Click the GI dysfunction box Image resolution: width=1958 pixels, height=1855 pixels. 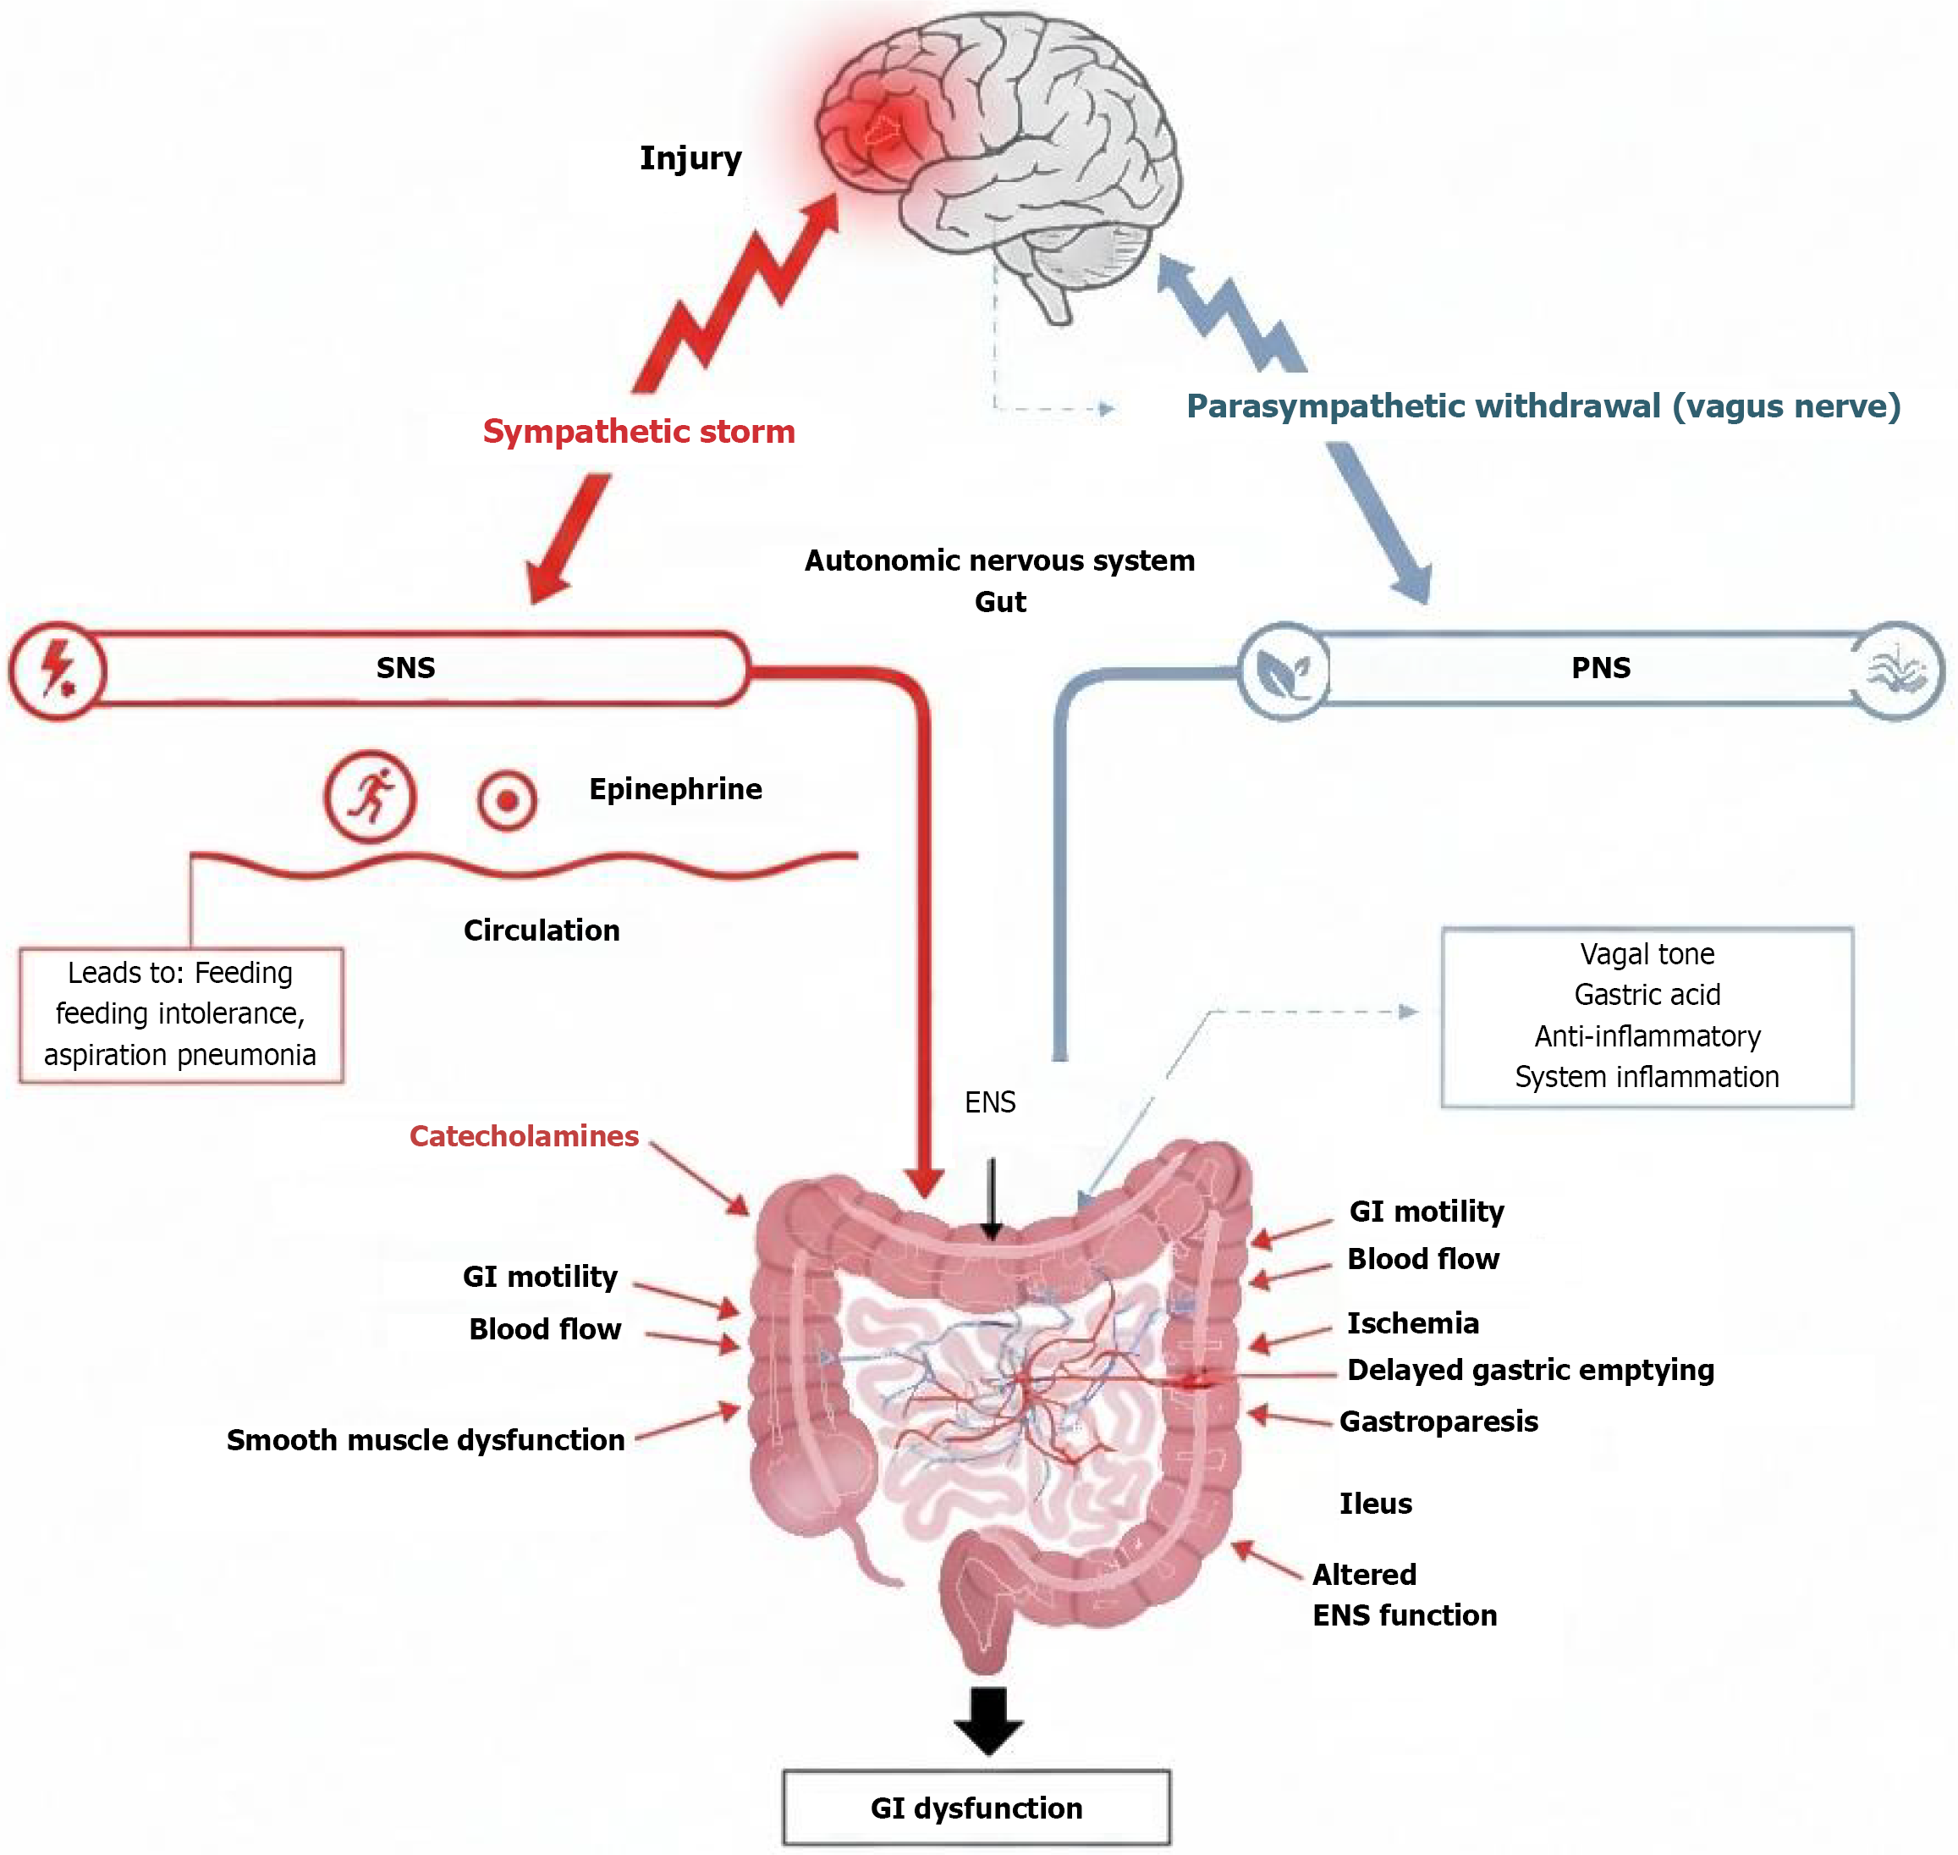tap(976, 1808)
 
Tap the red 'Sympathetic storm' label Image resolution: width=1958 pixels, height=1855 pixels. tap(639, 431)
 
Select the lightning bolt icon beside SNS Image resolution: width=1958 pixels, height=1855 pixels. tap(58, 670)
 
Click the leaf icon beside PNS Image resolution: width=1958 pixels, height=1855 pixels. tap(1283, 671)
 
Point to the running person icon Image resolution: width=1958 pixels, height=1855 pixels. tap(371, 796)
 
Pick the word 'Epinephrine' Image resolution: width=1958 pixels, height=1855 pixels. tap(675, 789)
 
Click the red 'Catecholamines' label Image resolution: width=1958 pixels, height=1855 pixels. tap(524, 1136)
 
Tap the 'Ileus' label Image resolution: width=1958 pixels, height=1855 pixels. tap(1375, 1504)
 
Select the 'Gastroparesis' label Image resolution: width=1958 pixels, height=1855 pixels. tap(1438, 1422)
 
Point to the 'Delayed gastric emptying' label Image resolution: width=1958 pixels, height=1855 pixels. tap(1530, 1371)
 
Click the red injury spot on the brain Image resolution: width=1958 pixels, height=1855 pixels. tap(880, 130)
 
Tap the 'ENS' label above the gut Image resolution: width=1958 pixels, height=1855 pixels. tap(989, 1102)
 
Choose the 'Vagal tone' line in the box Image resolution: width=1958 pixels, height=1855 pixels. tap(1647, 954)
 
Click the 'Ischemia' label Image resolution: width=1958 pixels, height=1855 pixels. tap(1412, 1323)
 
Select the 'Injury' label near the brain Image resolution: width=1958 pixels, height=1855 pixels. tap(690, 158)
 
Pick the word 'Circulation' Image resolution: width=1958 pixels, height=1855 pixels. tap(542, 930)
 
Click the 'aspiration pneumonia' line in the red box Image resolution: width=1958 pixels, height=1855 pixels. tap(180, 1055)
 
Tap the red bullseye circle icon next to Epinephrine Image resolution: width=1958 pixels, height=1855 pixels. tap(507, 800)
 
